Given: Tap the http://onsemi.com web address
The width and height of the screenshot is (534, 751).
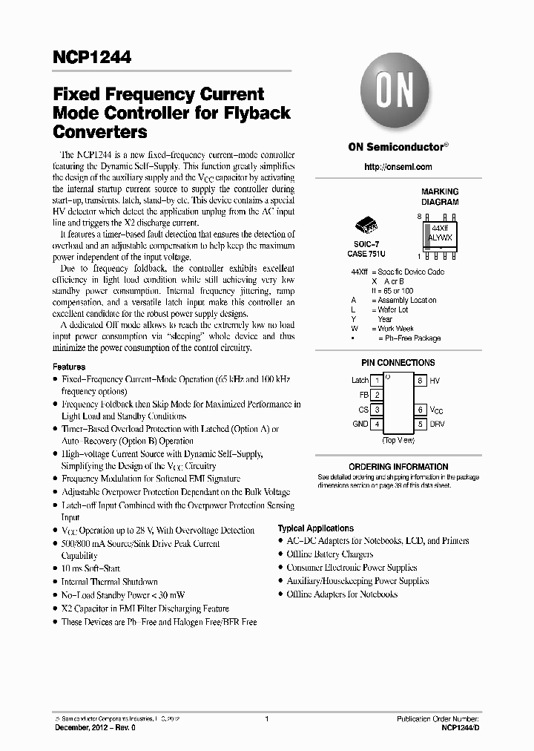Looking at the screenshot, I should tap(398, 167).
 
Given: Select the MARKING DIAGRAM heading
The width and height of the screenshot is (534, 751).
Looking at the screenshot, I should tap(440, 197).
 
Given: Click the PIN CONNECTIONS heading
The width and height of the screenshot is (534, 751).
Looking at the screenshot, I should tap(398, 363).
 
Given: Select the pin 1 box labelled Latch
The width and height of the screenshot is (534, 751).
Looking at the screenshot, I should tap(378, 381).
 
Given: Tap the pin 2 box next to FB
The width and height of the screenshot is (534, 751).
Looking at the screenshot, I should tap(378, 396).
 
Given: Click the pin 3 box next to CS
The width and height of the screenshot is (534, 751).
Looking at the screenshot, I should tap(378, 410).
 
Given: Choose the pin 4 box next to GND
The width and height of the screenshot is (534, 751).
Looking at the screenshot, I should tap(378, 424).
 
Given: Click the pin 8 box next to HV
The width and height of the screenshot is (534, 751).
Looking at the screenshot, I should tap(420, 381).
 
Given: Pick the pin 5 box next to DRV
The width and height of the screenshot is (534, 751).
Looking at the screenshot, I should tap(420, 424).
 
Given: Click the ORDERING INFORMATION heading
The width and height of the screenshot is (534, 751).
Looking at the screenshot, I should tap(398, 467).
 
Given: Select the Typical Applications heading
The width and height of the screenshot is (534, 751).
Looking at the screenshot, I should tap(315, 528).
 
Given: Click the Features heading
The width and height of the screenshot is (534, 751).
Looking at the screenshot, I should tap(69, 367).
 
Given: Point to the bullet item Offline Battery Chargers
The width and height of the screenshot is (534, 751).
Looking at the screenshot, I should tap(330, 554).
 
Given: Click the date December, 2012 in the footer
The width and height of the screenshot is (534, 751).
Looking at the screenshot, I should tap(82, 729).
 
